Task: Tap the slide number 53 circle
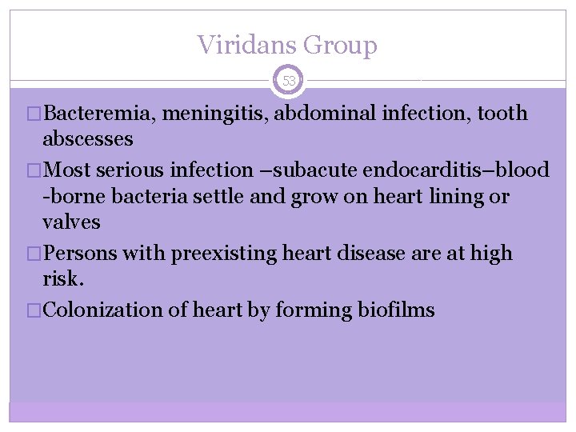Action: point(289,81)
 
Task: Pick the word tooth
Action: point(503,114)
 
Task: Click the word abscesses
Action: point(88,138)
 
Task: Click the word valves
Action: point(71,222)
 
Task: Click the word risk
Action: point(62,278)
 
